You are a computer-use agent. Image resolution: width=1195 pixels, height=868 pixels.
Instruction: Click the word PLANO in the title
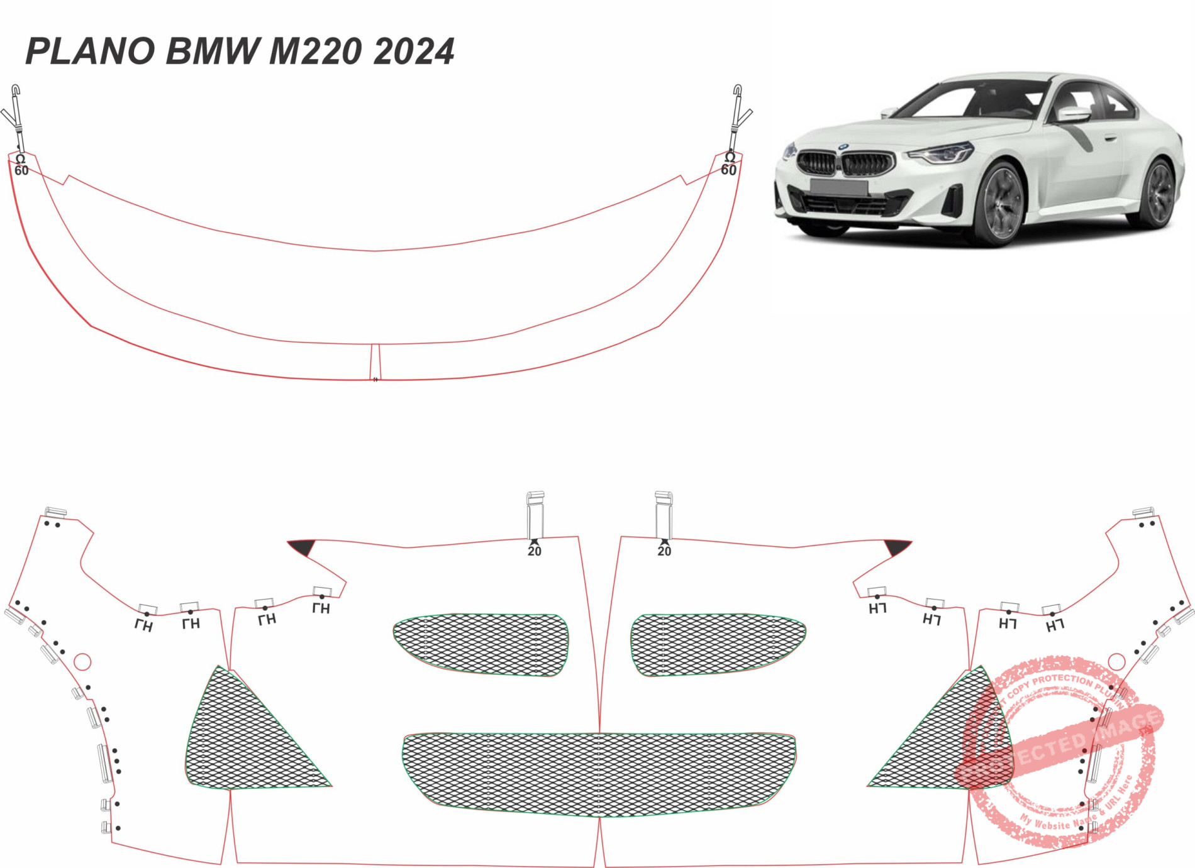[90, 52]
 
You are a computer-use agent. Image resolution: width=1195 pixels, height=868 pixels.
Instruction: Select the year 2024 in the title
[413, 52]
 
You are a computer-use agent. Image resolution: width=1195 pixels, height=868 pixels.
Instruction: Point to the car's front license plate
[838, 187]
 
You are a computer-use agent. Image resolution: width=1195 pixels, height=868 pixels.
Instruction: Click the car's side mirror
[1074, 114]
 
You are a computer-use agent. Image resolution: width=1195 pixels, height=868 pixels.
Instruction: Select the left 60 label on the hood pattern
[21, 170]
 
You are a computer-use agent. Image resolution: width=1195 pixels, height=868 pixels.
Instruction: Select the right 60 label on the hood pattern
[728, 170]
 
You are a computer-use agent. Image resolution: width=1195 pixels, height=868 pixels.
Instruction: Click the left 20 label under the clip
[534, 551]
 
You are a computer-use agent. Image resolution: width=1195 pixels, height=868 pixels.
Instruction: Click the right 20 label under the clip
[664, 551]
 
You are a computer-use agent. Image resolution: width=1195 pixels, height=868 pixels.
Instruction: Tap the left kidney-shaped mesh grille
[481, 644]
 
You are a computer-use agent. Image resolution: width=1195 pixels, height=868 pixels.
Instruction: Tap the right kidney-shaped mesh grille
[717, 644]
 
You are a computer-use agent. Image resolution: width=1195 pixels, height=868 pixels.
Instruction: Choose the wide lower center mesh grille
[599, 774]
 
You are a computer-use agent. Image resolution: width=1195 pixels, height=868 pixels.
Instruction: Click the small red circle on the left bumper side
[82, 661]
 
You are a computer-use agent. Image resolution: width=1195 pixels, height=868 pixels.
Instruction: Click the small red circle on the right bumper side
[1116, 661]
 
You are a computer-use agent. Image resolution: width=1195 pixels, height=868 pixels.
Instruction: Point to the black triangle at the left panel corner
[304, 547]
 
